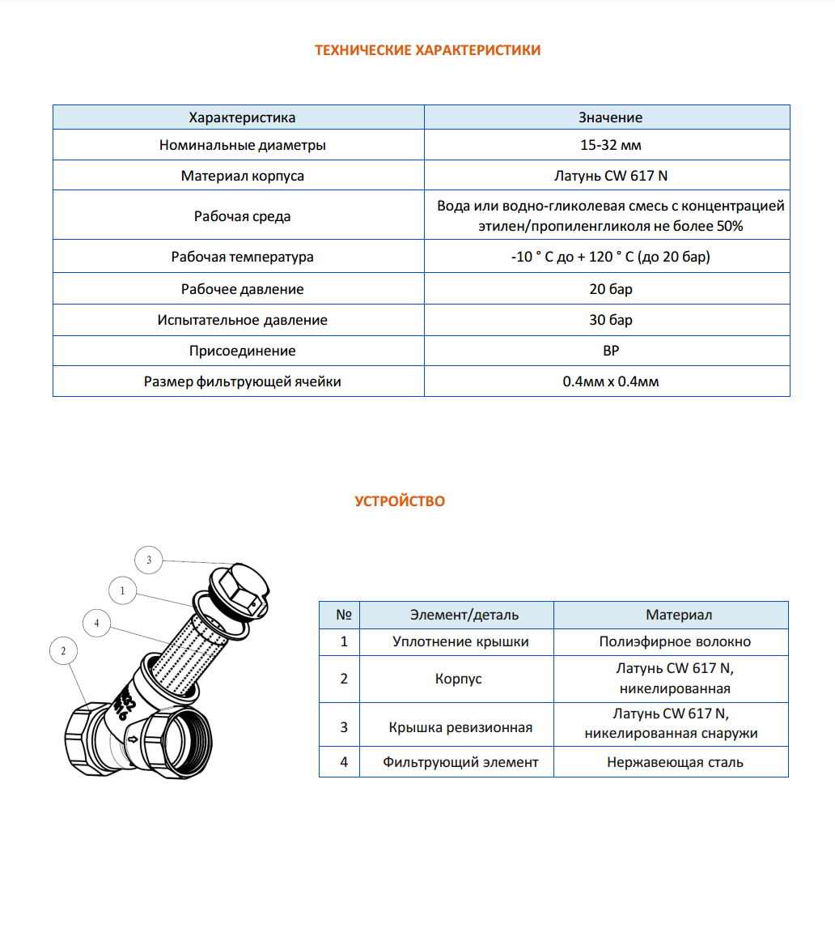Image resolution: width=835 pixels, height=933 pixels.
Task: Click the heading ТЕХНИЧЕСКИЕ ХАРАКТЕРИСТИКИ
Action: pyautogui.click(x=427, y=50)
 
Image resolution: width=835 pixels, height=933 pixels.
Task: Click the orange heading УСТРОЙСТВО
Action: pyautogui.click(x=400, y=501)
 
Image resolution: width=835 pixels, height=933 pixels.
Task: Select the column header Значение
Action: pyautogui.click(x=610, y=117)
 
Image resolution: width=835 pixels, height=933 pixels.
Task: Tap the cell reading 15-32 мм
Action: pyautogui.click(x=610, y=147)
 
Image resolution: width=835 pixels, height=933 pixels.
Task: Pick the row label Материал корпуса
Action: pyautogui.click(x=242, y=176)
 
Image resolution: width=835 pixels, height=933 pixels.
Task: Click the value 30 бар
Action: pyautogui.click(x=610, y=320)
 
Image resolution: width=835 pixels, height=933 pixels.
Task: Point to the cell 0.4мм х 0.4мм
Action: pyautogui.click(x=610, y=381)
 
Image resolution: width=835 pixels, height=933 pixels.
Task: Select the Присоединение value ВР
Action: pyautogui.click(x=610, y=351)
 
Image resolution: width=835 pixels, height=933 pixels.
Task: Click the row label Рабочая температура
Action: pyautogui.click(x=242, y=258)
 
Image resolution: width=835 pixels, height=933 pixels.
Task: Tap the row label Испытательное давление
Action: pyautogui.click(x=242, y=320)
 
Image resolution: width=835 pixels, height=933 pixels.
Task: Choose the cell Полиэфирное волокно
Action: pyautogui.click(x=675, y=641)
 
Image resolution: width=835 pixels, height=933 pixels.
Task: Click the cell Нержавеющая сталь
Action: pyautogui.click(x=675, y=762)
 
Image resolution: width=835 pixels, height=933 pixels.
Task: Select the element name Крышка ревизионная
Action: pyautogui.click(x=460, y=727)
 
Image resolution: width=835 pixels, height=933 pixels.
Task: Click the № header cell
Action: pyautogui.click(x=343, y=615)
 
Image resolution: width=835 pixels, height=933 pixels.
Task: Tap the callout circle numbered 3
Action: pyautogui.click(x=148, y=560)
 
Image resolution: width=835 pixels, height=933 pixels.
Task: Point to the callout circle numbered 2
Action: pyautogui.click(x=63, y=650)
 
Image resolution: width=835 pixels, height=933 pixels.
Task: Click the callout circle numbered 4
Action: pyautogui.click(x=96, y=623)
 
